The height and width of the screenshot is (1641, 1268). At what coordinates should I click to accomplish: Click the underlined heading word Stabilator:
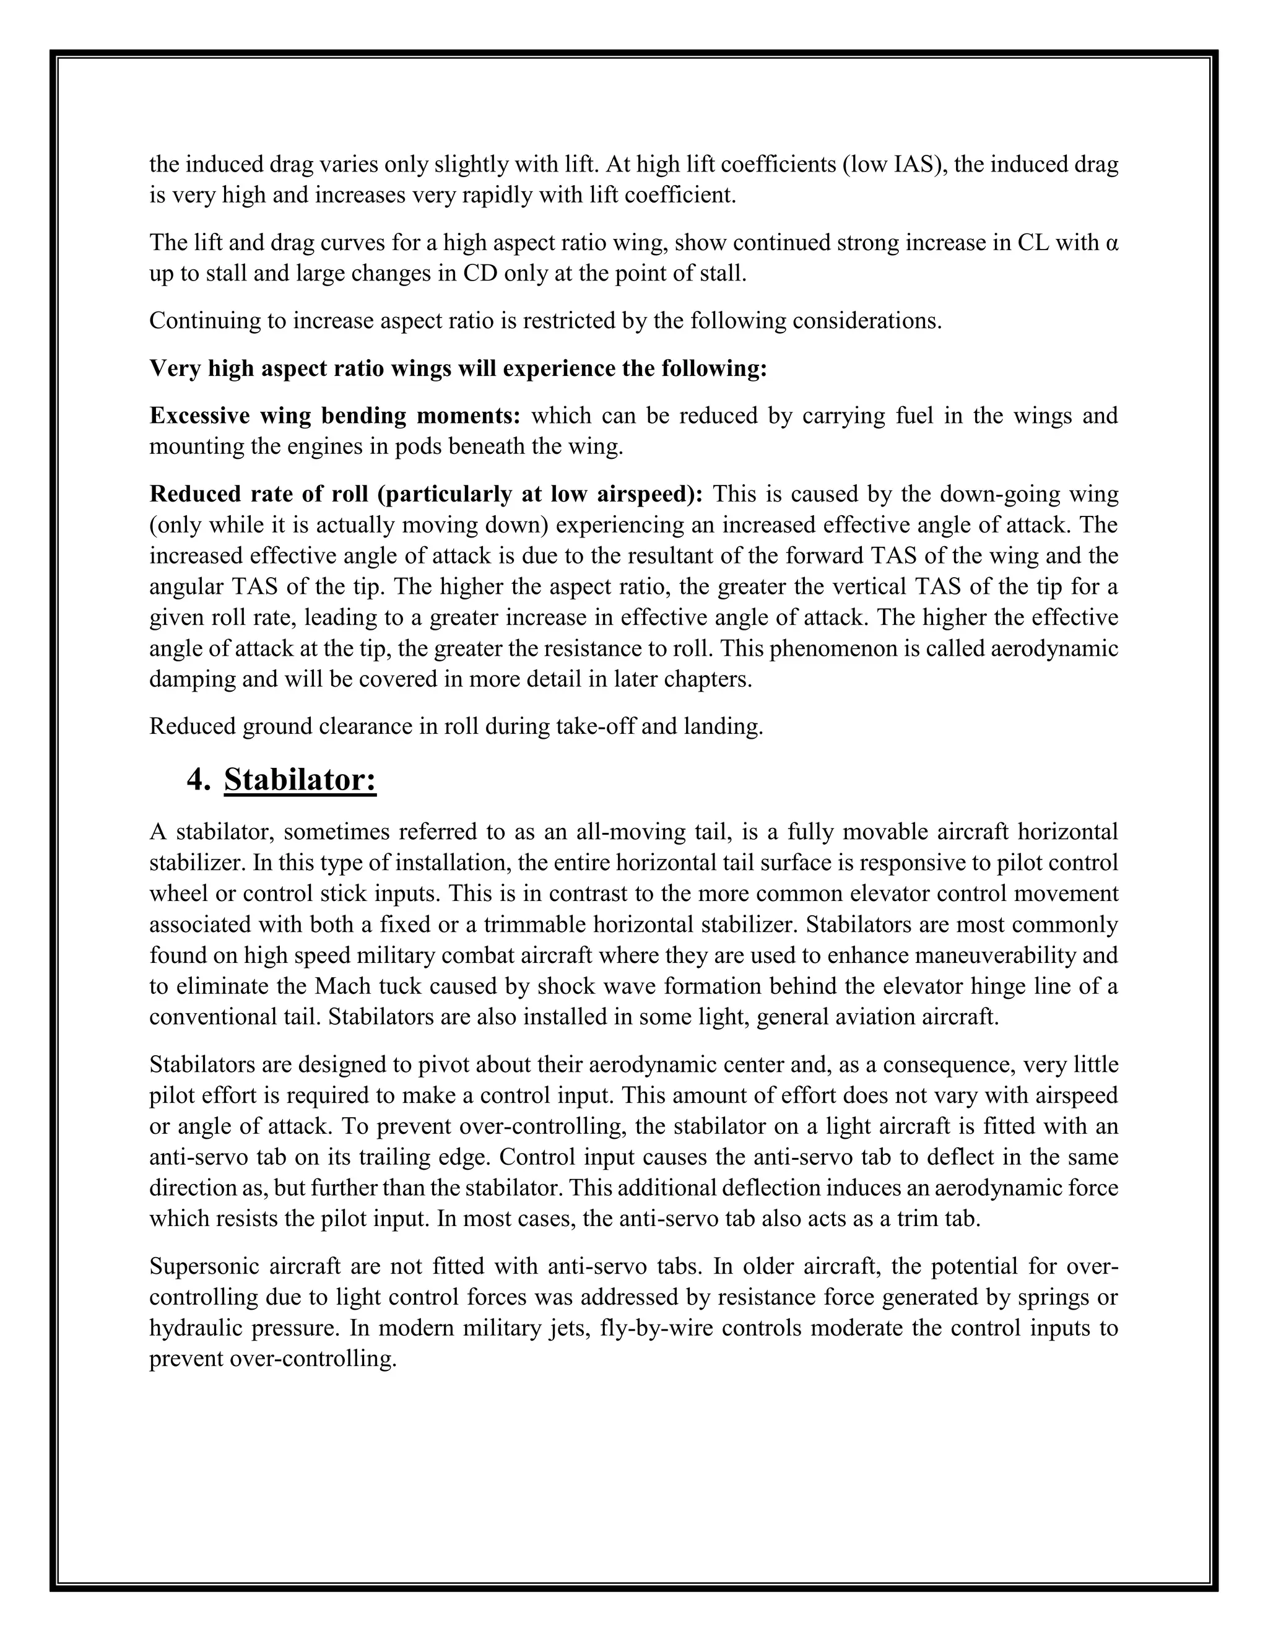(300, 780)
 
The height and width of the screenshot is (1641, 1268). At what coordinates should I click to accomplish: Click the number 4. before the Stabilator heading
(199, 780)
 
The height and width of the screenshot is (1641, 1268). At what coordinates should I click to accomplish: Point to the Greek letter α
(1113, 243)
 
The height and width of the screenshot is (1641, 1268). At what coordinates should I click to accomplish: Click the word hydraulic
(195, 1328)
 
